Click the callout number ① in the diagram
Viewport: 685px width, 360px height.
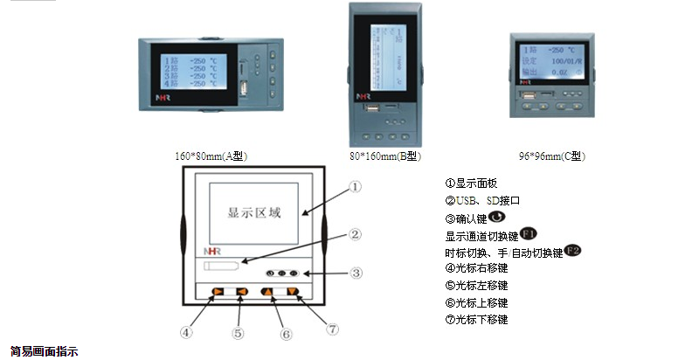pos(355,185)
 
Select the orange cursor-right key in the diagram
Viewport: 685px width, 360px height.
pos(218,292)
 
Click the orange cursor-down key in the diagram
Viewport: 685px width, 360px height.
pos(292,292)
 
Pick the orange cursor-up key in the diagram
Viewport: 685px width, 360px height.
pos(267,292)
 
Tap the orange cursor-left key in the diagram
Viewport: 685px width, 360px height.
pos(242,292)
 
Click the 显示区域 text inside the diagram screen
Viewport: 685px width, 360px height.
pos(254,211)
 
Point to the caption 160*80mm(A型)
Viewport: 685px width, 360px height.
pos(212,156)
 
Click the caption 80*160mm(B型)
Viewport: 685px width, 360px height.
pos(384,156)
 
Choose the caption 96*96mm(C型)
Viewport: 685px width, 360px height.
pos(551,156)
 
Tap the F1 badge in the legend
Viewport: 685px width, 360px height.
pos(529,234)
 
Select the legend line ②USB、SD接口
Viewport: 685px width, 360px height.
pos(482,200)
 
